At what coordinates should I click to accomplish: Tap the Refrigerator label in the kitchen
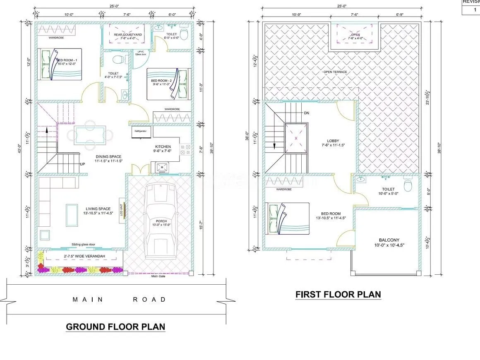142,131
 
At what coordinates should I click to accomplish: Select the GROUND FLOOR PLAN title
115,326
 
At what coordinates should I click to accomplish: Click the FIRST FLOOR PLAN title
338,294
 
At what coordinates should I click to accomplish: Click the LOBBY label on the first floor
333,141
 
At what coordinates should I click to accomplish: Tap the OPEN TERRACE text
335,72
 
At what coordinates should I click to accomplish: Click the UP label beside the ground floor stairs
83,164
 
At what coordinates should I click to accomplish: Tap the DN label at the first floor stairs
306,113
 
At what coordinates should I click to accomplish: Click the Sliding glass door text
83,245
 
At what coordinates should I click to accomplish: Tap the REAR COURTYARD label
128,35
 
